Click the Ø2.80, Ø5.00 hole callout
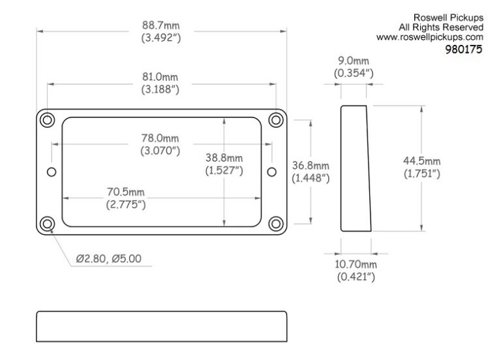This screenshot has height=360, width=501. pos(108,258)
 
